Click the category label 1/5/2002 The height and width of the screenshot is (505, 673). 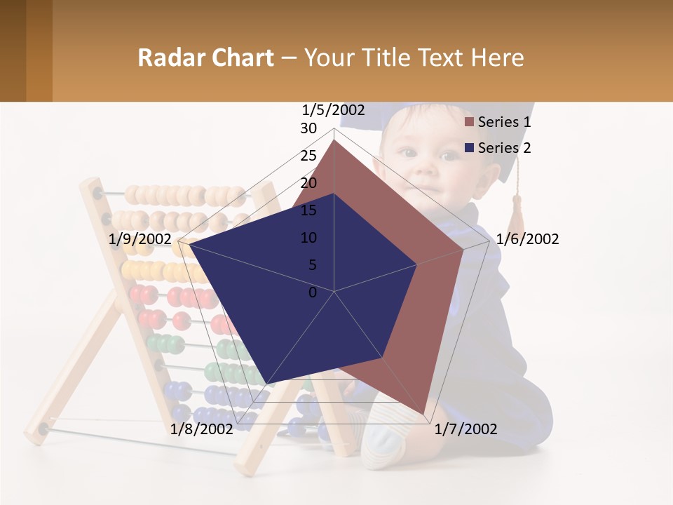(333, 110)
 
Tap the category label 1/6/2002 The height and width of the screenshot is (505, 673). (527, 239)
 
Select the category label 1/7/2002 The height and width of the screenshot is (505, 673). (465, 429)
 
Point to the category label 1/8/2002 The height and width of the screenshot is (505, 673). (201, 429)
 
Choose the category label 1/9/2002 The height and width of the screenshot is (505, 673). (140, 239)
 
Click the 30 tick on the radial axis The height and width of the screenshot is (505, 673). (308, 129)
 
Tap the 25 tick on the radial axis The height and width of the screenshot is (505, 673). (308, 156)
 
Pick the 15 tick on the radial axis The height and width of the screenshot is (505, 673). (308, 210)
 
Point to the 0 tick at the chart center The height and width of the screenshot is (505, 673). (313, 292)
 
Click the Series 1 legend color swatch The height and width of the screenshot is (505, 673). (469, 122)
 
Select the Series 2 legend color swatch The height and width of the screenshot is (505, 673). (469, 148)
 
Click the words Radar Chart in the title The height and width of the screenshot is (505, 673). (205, 58)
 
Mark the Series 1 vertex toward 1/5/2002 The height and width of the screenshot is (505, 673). (334, 140)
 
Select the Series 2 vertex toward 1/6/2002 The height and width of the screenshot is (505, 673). (417, 264)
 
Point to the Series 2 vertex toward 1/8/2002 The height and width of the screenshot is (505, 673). (268, 383)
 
